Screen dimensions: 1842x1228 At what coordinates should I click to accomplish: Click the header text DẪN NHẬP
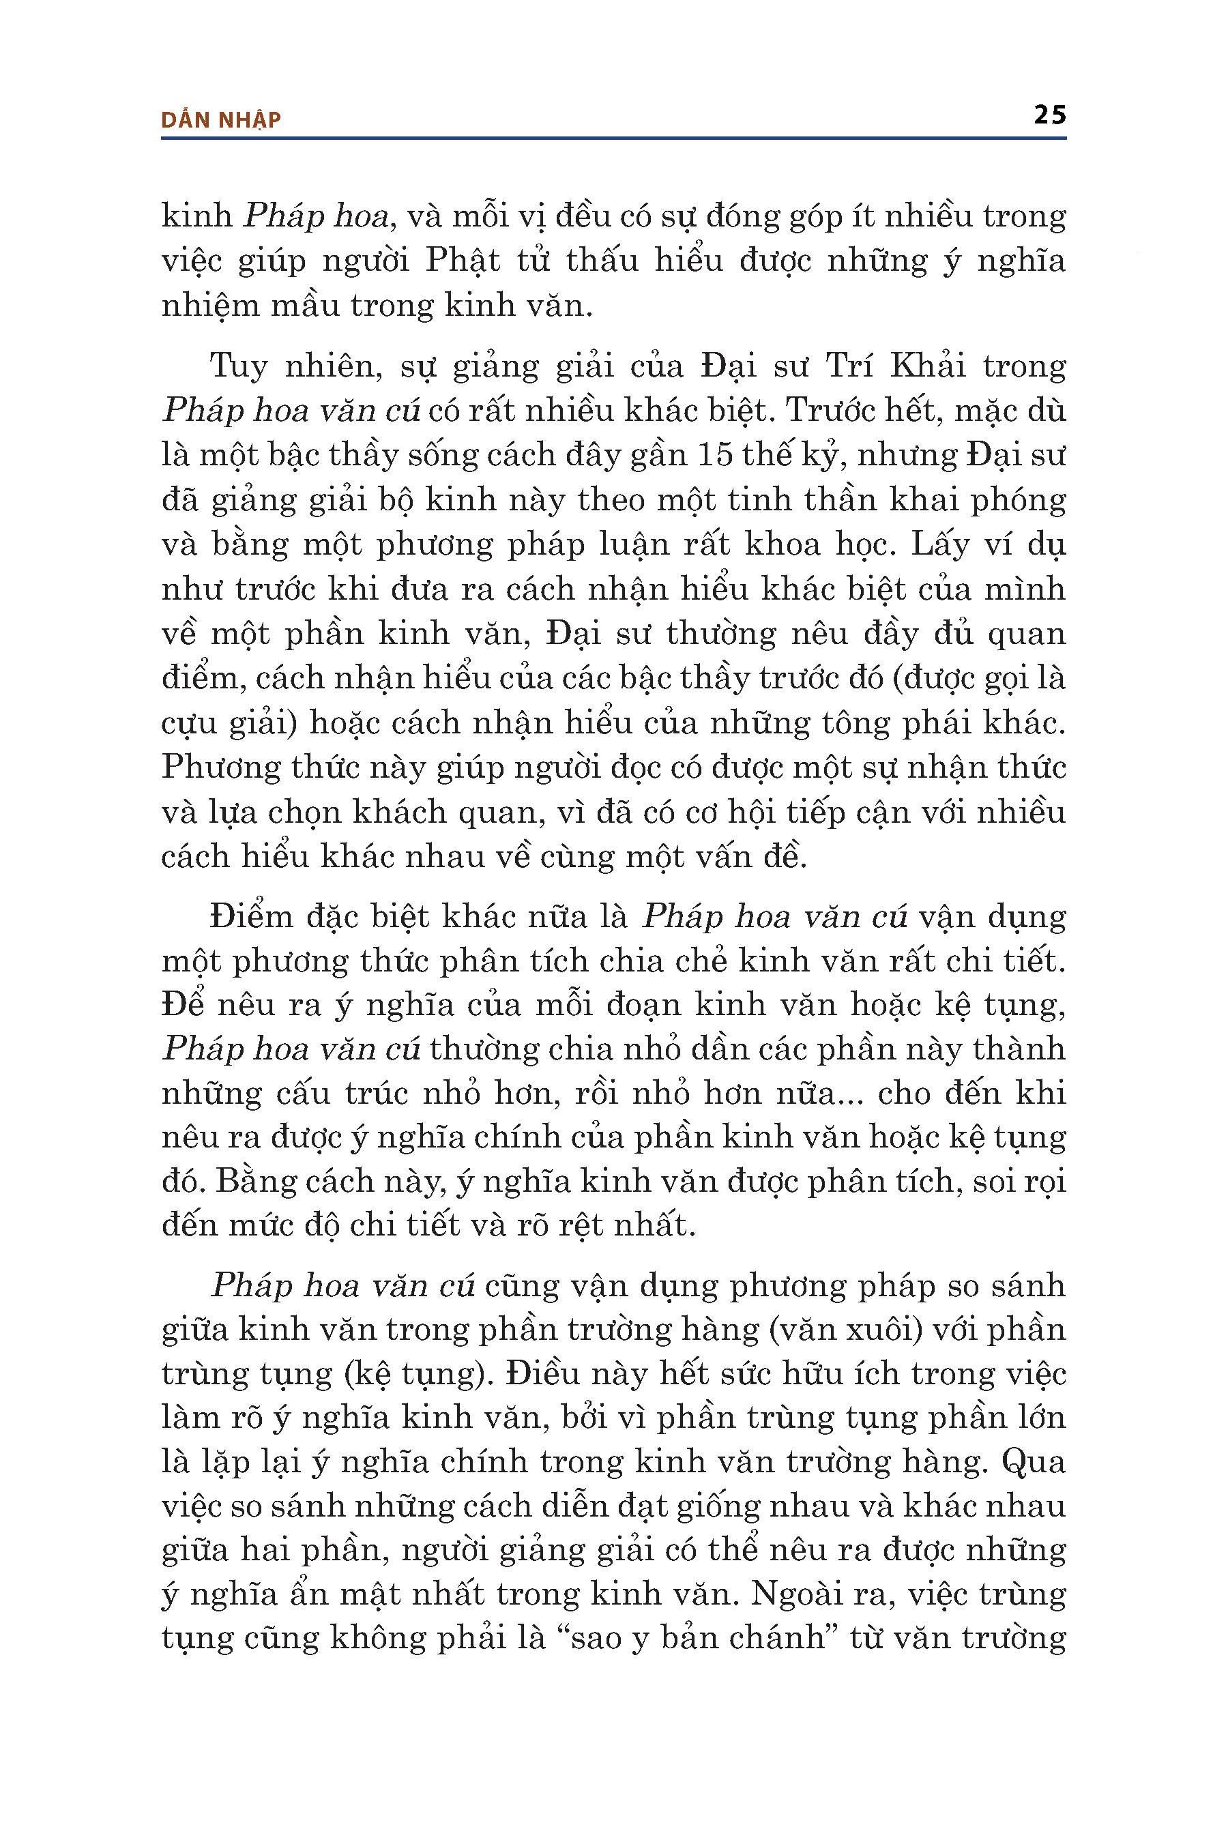tap(221, 120)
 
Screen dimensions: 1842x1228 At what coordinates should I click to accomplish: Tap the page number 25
tap(1049, 115)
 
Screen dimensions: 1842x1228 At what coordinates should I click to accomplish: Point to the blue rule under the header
tap(613, 138)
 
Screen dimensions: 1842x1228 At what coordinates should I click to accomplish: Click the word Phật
tap(462, 261)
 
